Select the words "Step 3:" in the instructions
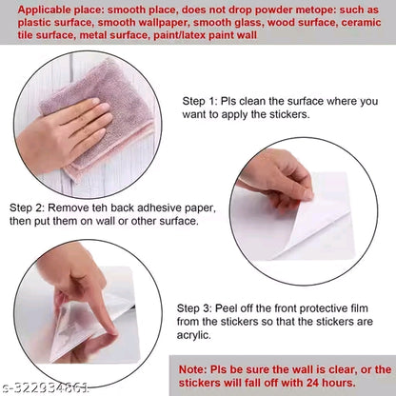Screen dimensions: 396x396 click(193, 308)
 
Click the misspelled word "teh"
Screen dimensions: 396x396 click(99, 208)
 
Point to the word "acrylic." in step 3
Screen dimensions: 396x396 click(194, 335)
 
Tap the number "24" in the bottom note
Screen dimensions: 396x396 click(312, 383)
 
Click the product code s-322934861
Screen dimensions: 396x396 click(46, 388)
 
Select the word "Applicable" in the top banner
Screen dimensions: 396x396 click(45, 10)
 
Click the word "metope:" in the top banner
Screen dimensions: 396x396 click(316, 10)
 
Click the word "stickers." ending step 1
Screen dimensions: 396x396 click(289, 114)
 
